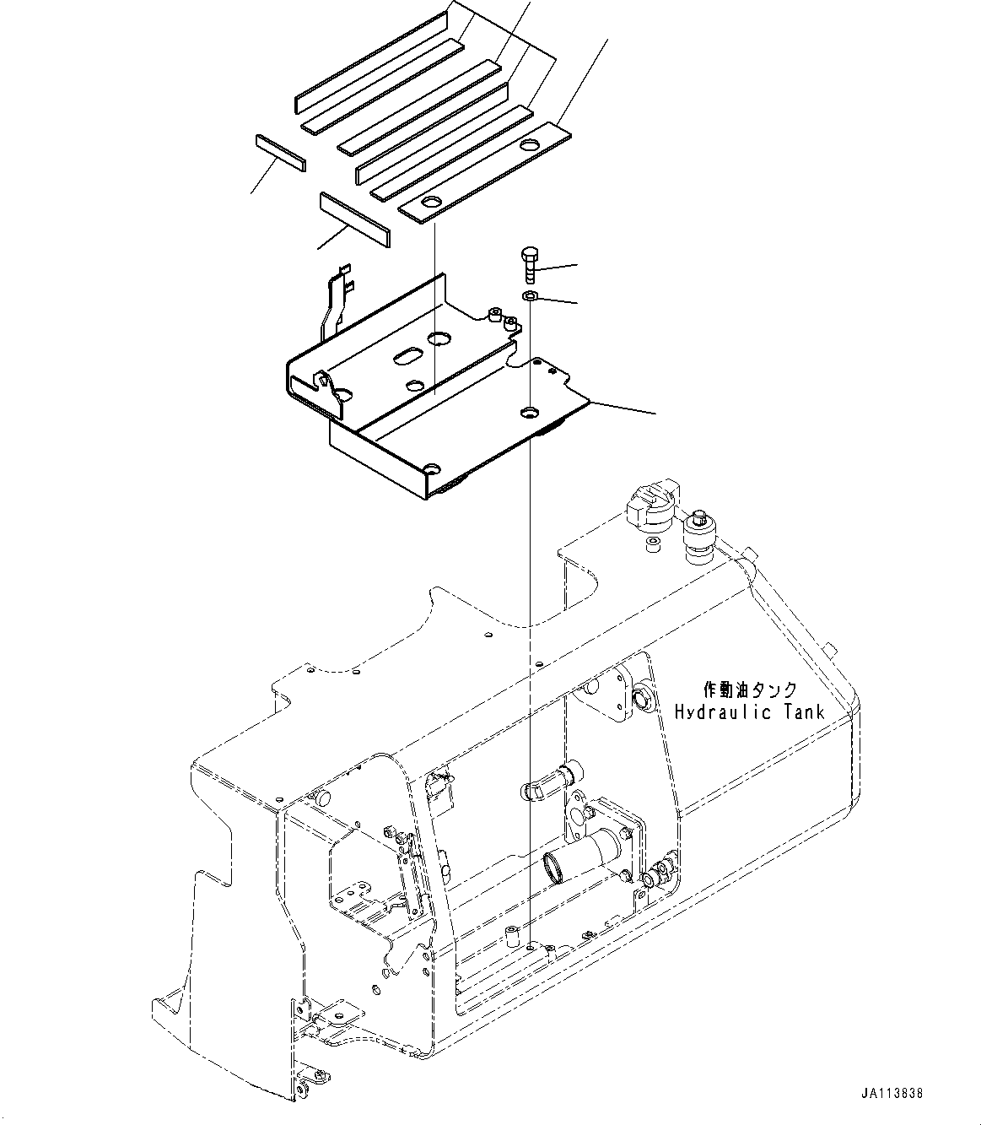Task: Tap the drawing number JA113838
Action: click(x=892, y=1093)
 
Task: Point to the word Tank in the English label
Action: click(x=802, y=712)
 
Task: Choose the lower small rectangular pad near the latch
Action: click(x=354, y=219)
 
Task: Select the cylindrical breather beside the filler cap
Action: click(x=698, y=537)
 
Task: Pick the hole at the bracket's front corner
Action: click(x=433, y=468)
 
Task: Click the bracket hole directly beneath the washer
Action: click(x=529, y=412)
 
